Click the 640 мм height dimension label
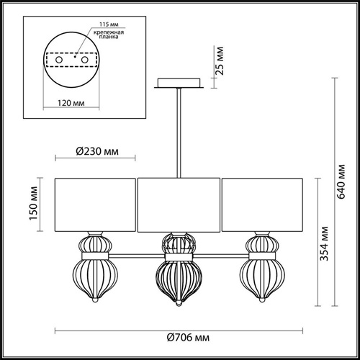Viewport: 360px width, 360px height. pos(341,181)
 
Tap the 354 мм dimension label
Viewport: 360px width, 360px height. pos(324,243)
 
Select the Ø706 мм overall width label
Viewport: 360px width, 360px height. pos(188,338)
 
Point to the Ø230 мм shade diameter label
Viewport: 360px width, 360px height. pos(97,151)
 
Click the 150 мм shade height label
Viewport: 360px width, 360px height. pos(34,203)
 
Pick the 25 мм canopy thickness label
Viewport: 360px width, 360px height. pos(220,61)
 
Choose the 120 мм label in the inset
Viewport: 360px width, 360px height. pos(71,103)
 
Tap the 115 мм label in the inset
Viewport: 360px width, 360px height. pos(109,24)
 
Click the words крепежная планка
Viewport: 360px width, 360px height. pos(109,35)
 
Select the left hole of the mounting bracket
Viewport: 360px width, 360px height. pos(59,60)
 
